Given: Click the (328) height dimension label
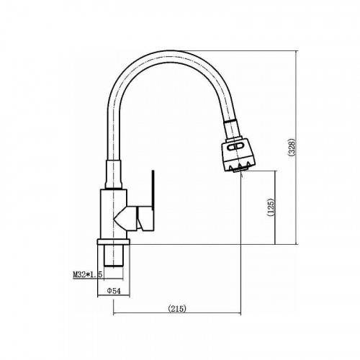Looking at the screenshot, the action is (x=292, y=148).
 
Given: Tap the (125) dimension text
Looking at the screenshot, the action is (x=271, y=207).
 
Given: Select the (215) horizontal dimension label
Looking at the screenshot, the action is (x=177, y=308).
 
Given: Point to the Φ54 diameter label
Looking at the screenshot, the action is (x=114, y=291).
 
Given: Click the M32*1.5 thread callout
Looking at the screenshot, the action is (x=88, y=274).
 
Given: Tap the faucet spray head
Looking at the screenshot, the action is (x=238, y=154).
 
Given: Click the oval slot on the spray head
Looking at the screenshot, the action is (x=235, y=146).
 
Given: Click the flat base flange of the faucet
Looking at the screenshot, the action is (x=113, y=242).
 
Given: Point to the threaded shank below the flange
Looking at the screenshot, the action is (x=114, y=256).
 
